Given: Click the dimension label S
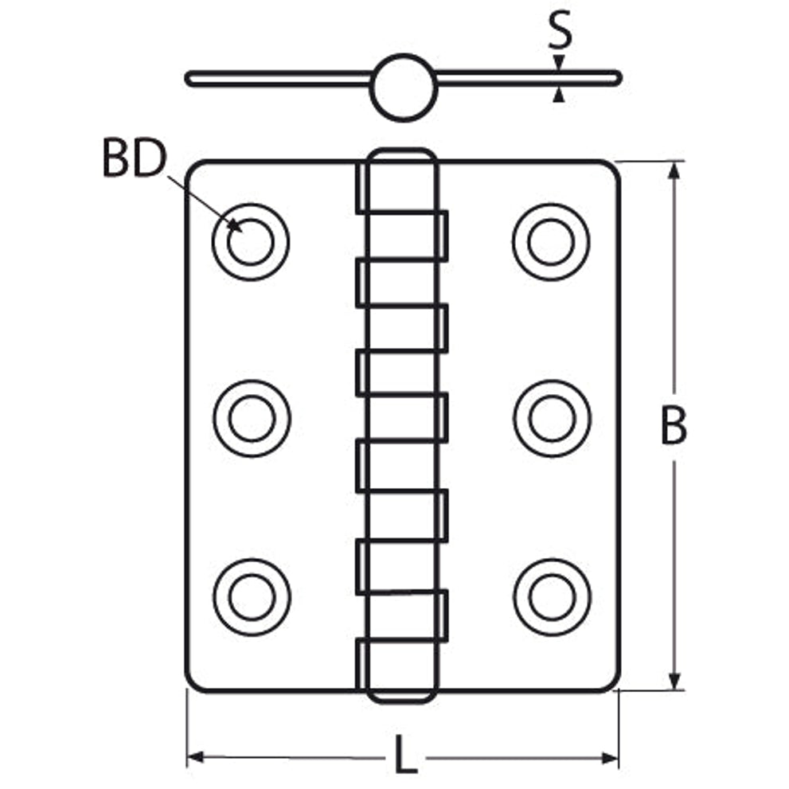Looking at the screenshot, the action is pos(560,29).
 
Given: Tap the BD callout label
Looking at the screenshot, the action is pos(134,158).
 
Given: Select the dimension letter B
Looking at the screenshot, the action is pos(674,426).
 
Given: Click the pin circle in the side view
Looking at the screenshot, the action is pos(403,88).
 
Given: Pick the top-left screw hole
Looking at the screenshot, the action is pos(251,242).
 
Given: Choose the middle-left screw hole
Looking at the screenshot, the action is pos(252,418).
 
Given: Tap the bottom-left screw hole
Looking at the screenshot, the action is pos(252,597).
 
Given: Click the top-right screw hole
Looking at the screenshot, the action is pos(552,242).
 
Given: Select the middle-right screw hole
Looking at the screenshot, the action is pos(553,418).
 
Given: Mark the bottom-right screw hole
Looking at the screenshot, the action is pos(553,597).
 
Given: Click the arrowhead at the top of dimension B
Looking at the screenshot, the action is pos(674,171).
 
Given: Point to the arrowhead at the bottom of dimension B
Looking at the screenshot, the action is pos(674,680).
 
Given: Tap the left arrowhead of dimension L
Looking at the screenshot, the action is pos(195,757).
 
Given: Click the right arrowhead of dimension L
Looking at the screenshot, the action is pos(610,758).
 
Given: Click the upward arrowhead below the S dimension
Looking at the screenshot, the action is pos(559,95).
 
